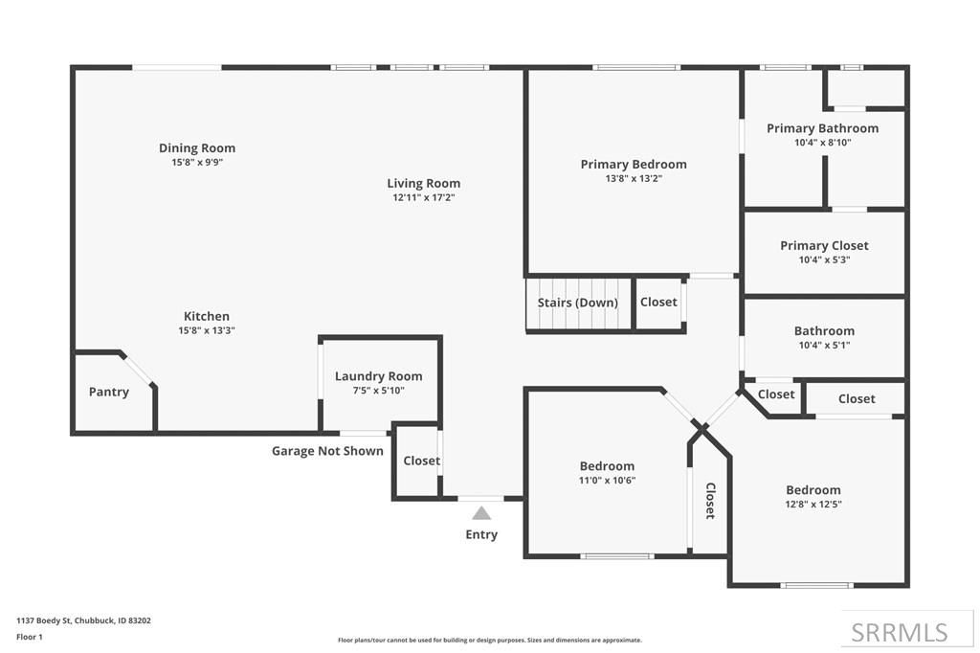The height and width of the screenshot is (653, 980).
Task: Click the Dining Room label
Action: pos(197,148)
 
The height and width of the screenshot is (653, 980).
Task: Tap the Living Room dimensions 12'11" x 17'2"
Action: pos(423,197)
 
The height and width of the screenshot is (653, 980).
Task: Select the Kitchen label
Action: pos(207,316)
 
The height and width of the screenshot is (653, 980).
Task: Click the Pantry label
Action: pos(109,392)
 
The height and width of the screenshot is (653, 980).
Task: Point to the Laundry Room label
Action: pos(378,376)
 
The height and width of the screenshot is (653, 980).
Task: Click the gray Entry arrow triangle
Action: pos(481,513)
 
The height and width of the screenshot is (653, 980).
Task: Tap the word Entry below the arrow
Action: pos(481,534)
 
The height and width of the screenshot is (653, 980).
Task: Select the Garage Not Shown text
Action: pos(327,451)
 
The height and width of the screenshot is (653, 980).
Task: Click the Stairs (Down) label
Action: pos(577,303)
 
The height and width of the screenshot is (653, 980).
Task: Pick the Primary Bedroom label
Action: pos(633,164)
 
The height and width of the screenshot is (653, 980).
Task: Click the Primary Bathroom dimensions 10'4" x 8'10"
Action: pos(822,143)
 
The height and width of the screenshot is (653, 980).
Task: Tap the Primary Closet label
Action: pos(824,245)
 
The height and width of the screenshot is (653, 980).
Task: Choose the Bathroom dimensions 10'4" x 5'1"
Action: pos(824,346)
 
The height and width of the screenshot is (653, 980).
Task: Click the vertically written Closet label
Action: pos(710,500)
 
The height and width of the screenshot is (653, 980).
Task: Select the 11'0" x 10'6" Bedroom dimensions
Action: pos(607,481)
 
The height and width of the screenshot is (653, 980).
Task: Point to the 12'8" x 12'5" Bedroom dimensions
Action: pos(813,505)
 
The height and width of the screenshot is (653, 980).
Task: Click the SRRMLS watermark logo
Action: pos(900,632)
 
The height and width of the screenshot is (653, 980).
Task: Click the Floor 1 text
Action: pos(30,636)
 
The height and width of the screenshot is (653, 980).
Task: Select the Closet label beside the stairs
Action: pos(658,302)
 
